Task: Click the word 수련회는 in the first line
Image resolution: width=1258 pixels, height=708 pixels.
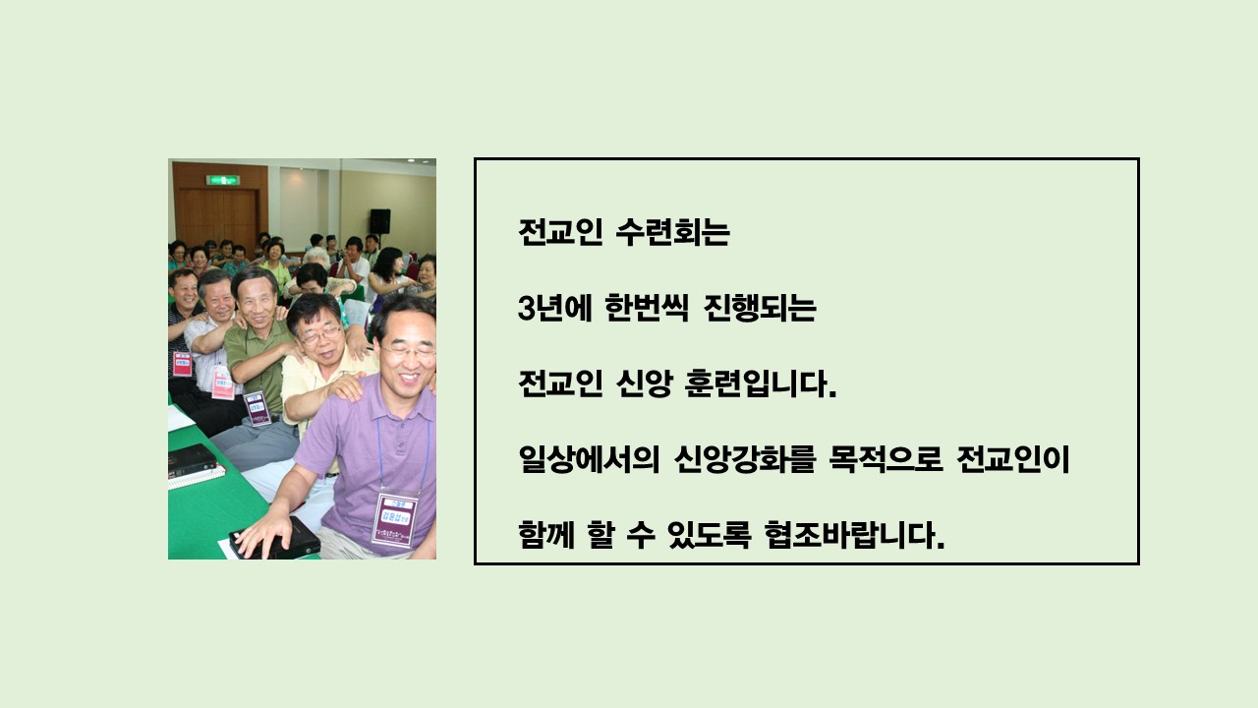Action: pos(672,232)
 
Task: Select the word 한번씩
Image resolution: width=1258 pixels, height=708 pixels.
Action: pos(647,309)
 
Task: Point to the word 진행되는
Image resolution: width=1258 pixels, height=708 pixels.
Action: pos(760,309)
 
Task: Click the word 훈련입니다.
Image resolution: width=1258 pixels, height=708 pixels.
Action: pos(761,383)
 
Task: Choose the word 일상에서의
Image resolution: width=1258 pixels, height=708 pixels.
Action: pos(589,459)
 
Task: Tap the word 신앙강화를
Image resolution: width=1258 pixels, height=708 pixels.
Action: pos(744,459)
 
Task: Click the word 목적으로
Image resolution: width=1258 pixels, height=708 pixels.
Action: pos(886,459)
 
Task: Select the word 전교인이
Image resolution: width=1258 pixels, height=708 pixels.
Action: pos(1013,459)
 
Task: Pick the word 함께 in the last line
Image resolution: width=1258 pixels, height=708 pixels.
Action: pos(545,535)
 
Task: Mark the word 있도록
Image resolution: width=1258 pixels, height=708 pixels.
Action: pos(709,535)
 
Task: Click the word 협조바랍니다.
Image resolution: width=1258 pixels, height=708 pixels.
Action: pos(854,535)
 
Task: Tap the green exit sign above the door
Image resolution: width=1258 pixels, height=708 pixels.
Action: pos(223,180)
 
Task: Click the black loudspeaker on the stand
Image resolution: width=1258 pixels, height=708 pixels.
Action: pos(380,221)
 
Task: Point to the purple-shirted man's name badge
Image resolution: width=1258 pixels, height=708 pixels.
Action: pos(395,520)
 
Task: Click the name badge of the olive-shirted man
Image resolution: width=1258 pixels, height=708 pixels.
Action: pos(257,408)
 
